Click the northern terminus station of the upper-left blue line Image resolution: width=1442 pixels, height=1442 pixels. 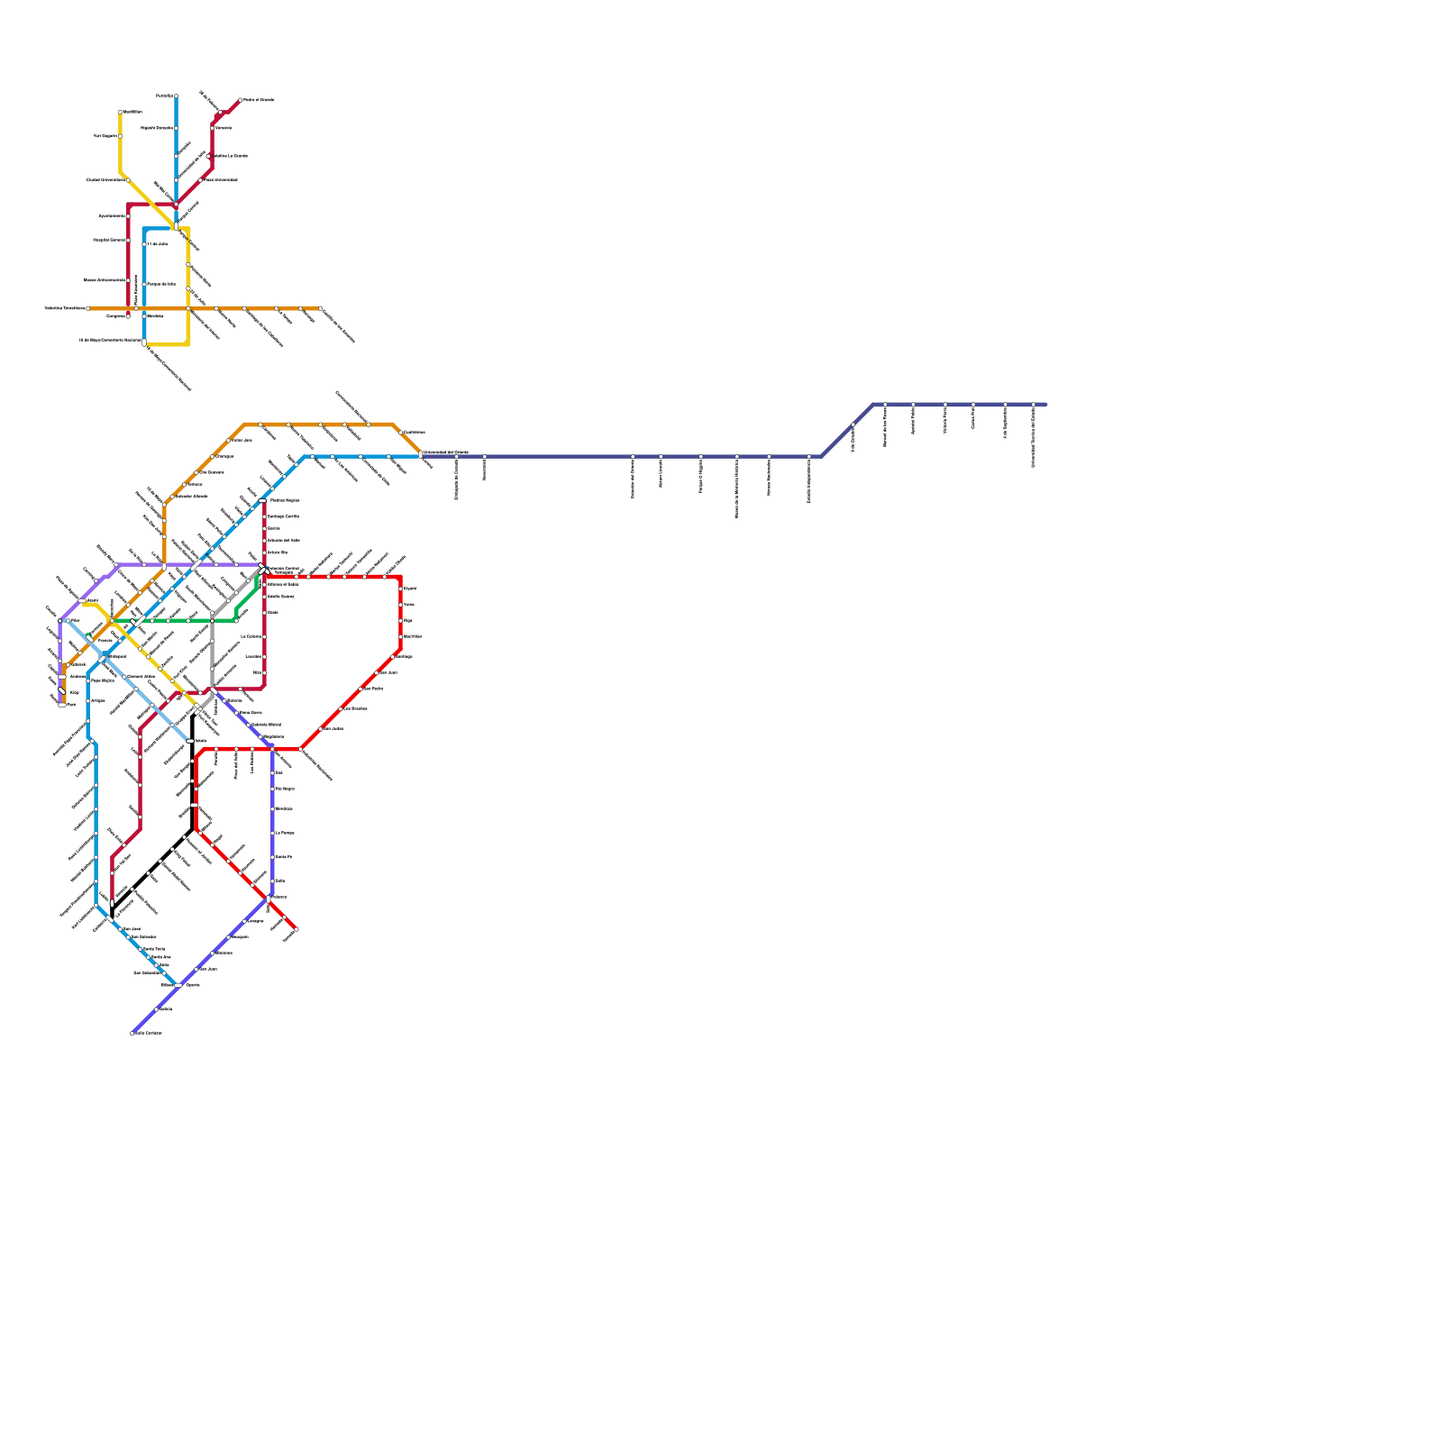point(176,96)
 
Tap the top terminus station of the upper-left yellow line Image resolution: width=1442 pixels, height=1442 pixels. point(121,113)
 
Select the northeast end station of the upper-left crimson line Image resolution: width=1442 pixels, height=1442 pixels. point(240,100)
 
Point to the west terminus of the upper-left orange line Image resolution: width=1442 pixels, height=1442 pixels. point(88,308)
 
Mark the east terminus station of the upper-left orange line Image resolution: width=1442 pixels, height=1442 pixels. point(320,308)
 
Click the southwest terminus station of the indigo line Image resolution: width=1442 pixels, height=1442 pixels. point(132,1033)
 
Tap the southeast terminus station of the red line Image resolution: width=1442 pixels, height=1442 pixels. point(296,929)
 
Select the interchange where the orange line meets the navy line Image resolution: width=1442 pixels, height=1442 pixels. point(421,455)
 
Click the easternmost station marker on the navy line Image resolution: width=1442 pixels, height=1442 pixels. point(1033,405)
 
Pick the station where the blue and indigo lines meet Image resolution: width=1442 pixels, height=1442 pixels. point(180,984)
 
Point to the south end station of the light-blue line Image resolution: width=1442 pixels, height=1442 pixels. point(190,741)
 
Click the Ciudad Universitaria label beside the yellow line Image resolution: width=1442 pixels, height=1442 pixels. point(105,180)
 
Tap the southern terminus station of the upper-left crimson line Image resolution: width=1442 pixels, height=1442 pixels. point(129,315)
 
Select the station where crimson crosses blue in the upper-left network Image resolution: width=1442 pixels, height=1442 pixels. point(176,205)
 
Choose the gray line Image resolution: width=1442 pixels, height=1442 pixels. point(212,649)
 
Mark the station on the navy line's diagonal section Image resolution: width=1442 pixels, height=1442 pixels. point(853,425)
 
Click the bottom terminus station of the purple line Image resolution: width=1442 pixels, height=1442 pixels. point(61,704)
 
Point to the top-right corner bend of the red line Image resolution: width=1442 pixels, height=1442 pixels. point(400,577)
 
